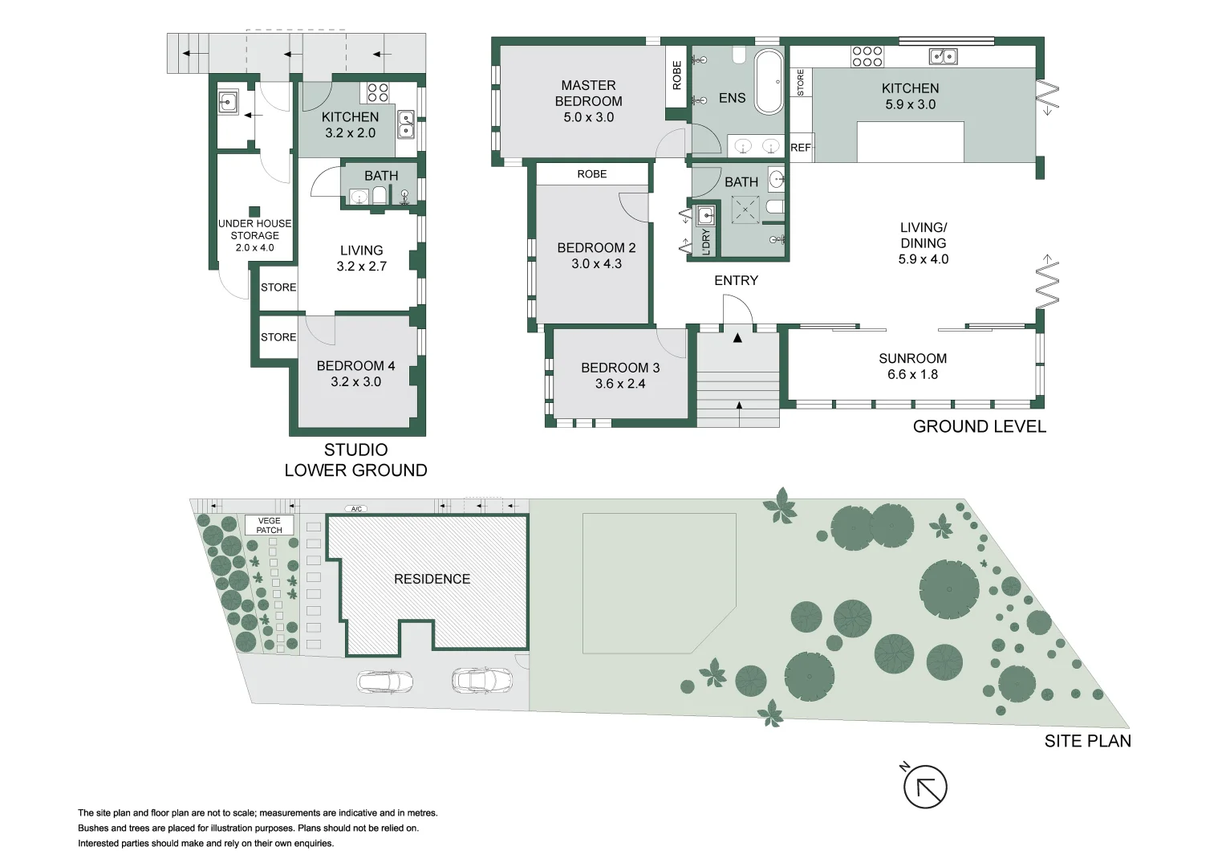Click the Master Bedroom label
click(x=588, y=93)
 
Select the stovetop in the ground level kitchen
click(x=867, y=56)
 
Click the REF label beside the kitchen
click(x=800, y=148)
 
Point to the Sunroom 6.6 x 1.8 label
click(x=912, y=366)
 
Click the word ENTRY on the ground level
click(x=736, y=280)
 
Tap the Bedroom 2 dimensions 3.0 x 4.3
click(x=596, y=263)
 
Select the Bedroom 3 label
click(x=620, y=368)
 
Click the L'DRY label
click(x=706, y=242)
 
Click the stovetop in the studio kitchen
click(x=378, y=92)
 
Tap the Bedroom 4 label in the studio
click(x=355, y=366)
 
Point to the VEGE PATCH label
click(x=269, y=526)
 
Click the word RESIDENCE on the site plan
click(x=432, y=579)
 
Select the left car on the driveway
click(x=386, y=682)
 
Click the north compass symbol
click(x=925, y=787)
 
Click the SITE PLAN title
click(x=1087, y=741)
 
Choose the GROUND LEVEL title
click(x=979, y=426)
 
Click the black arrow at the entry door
click(x=737, y=338)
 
